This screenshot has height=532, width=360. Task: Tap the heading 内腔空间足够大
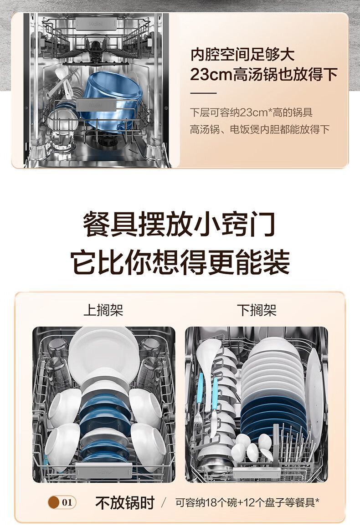tap(242, 54)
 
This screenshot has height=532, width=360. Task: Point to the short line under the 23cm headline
tap(203, 93)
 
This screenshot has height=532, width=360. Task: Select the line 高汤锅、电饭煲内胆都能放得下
tap(260, 129)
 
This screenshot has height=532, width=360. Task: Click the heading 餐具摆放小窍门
tap(179, 224)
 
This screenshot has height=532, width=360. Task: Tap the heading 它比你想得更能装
tap(180, 262)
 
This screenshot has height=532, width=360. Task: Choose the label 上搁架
tap(103, 310)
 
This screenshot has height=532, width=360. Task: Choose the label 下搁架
tap(257, 310)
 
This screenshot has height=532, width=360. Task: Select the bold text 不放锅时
tap(125, 502)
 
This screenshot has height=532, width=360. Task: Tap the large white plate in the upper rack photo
tap(103, 353)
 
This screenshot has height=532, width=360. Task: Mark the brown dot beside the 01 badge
tap(54, 502)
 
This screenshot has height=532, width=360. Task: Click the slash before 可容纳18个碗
tap(165, 502)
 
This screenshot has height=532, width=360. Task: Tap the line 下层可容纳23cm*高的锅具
tap(252, 113)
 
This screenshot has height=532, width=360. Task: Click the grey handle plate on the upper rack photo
tap(103, 470)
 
